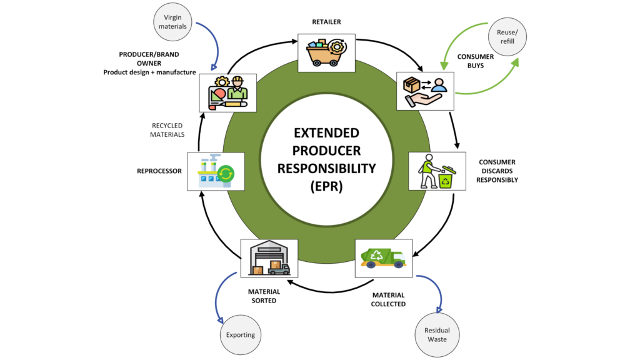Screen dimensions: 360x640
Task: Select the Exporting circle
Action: click(241, 335)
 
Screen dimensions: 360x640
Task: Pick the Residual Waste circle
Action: click(437, 335)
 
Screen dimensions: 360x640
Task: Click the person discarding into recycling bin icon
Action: click(437, 171)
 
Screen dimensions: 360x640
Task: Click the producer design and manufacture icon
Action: click(227, 92)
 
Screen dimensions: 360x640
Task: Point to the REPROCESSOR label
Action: click(159, 170)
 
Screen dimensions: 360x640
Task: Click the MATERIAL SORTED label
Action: click(264, 296)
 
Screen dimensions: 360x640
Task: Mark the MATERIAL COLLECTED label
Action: click(389, 299)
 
